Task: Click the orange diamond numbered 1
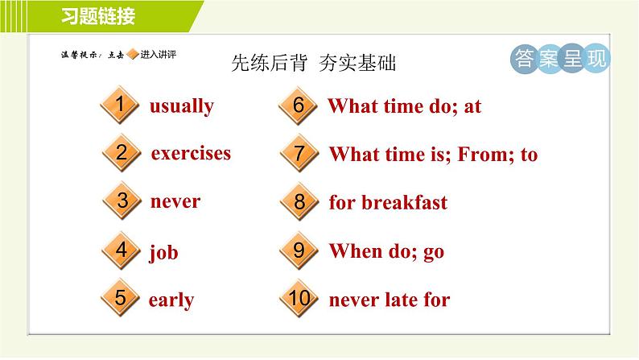(120, 105)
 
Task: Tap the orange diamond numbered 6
(298, 106)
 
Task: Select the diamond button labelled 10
(299, 298)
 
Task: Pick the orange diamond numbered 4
(121, 250)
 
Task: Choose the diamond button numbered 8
(299, 201)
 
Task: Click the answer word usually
(182, 106)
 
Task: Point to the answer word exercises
(191, 153)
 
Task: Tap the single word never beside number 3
(175, 201)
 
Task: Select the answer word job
(163, 252)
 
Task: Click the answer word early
(171, 300)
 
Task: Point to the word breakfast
(405, 202)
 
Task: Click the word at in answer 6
(472, 107)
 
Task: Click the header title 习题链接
(98, 17)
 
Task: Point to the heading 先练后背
(269, 63)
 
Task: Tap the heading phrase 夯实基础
(357, 63)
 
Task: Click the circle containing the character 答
(525, 59)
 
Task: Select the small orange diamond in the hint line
(133, 54)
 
